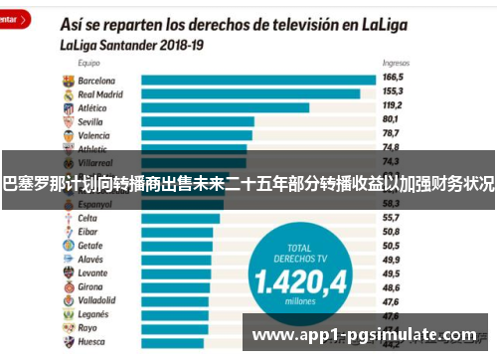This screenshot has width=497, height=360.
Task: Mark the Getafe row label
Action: (x=90, y=245)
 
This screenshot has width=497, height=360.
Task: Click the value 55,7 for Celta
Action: (x=393, y=217)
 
